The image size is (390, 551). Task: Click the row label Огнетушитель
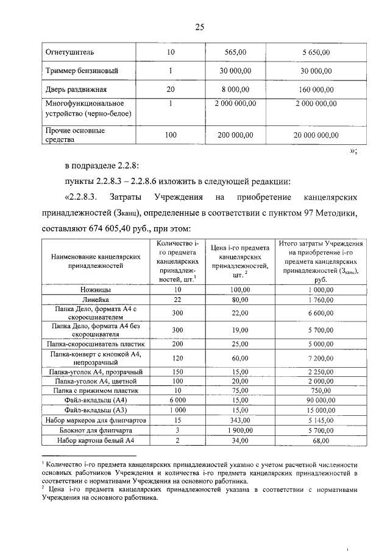68,52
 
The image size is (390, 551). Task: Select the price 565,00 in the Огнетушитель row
235,52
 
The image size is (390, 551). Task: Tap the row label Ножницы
96,290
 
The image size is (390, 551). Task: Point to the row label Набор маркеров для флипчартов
96,420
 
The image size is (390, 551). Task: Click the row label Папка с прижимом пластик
96,390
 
